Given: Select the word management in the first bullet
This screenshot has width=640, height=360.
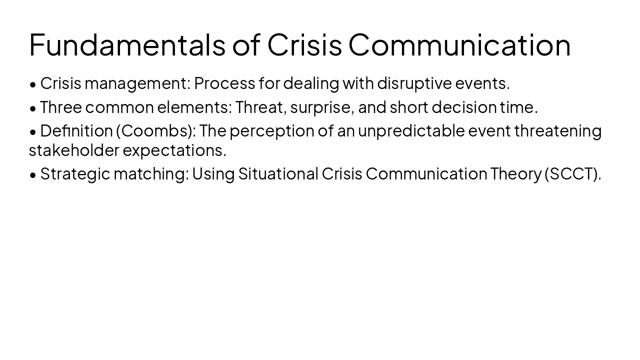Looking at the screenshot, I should [137, 83].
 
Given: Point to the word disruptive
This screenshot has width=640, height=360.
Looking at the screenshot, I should [414, 83].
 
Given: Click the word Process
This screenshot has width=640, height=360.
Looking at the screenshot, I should [224, 83].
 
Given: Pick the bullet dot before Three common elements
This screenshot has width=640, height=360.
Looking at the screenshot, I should [33, 108].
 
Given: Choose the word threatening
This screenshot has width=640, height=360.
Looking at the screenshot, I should [557, 130].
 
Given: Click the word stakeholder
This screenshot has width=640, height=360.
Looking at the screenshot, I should [74, 149].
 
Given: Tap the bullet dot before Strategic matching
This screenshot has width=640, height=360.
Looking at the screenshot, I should [33, 174].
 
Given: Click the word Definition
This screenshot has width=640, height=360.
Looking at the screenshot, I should [76, 130].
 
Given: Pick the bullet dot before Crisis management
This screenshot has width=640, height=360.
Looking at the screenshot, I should [33, 84].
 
